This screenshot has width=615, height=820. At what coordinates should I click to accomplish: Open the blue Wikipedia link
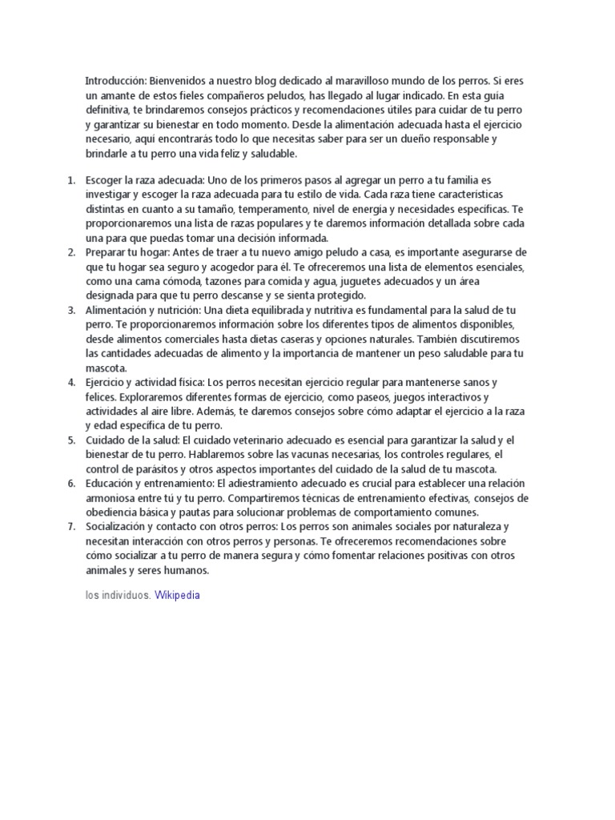[x=177, y=596]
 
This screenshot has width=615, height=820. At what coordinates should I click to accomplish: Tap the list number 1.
[x=70, y=181]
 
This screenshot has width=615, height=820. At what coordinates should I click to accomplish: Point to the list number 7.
[x=70, y=527]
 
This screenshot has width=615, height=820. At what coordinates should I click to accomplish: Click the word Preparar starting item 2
[x=105, y=253]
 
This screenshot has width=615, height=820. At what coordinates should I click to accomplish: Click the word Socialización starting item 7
[x=116, y=527]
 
